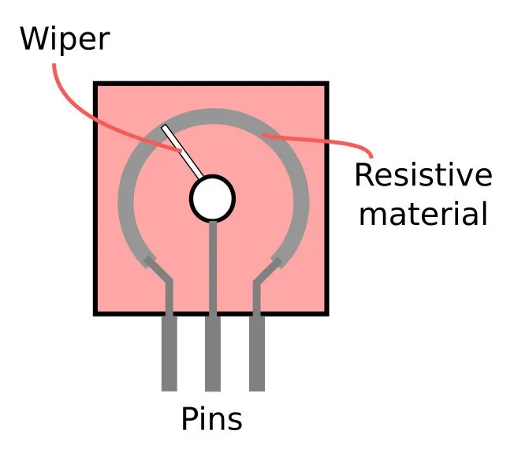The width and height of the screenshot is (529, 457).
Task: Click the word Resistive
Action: point(423,175)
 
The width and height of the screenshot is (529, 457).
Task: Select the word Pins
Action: point(212,419)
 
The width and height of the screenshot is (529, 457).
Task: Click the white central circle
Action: point(213,198)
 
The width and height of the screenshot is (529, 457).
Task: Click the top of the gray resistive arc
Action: point(213,114)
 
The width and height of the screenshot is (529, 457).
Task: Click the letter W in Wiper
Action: point(35,37)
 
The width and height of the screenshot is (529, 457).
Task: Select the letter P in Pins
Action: point(188,419)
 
